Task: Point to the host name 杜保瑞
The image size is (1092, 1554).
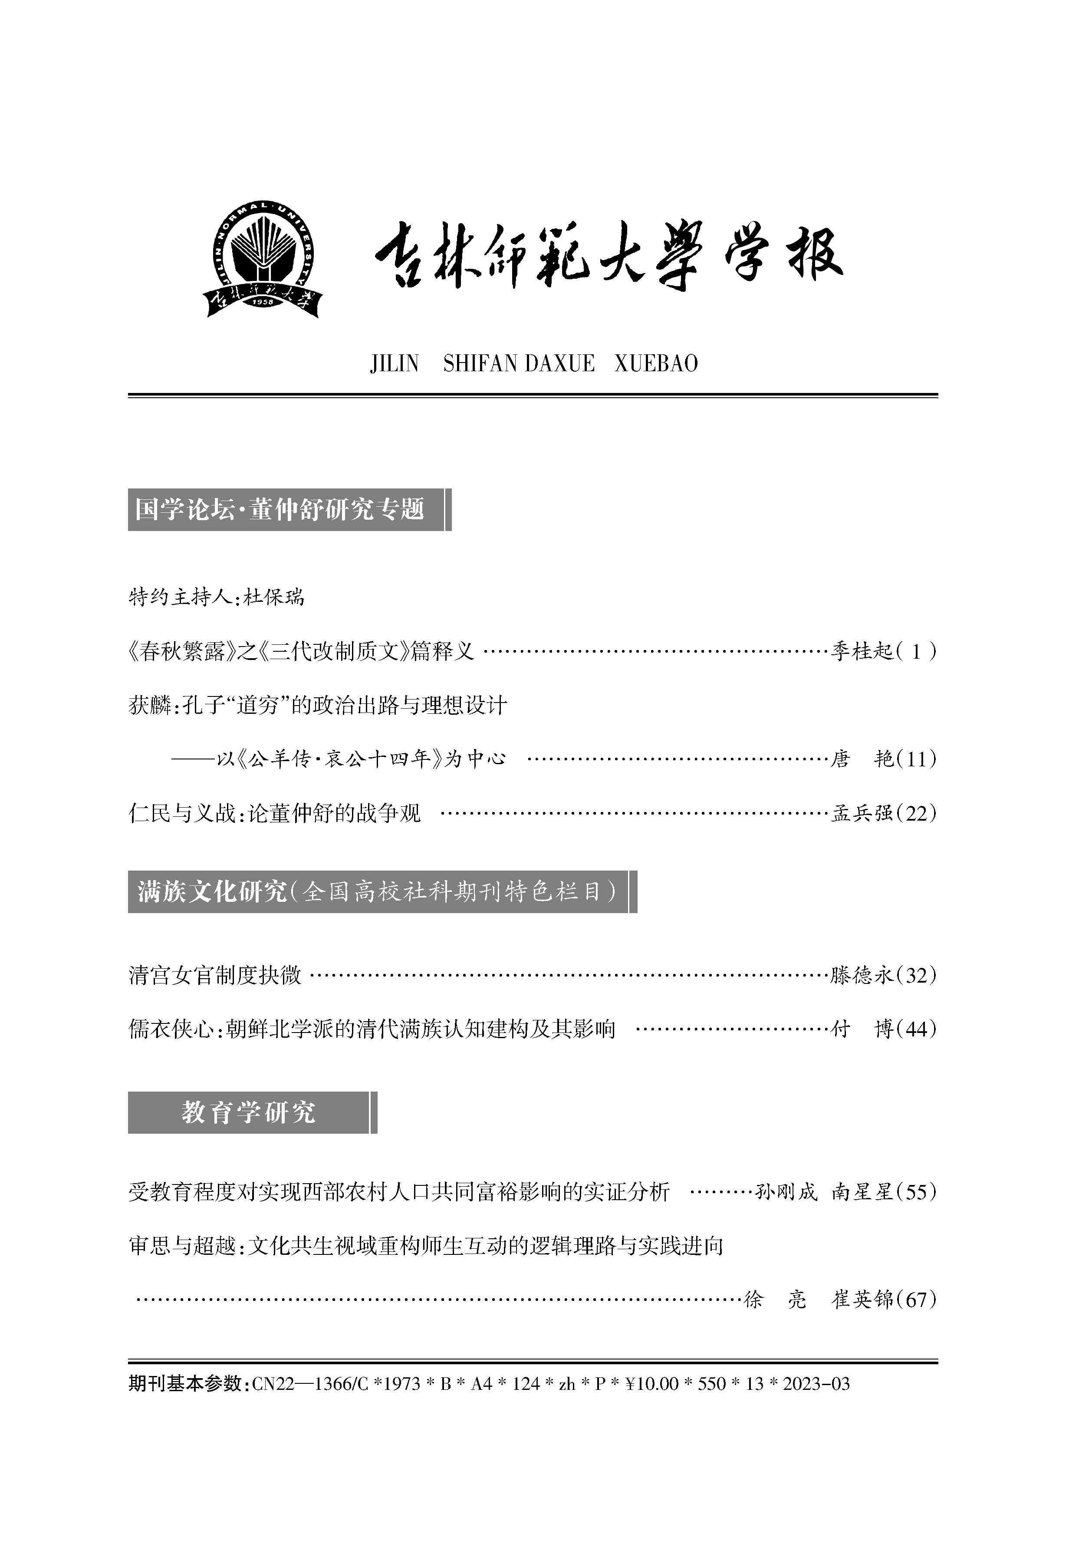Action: point(274,597)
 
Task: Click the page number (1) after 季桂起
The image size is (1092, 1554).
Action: point(917,652)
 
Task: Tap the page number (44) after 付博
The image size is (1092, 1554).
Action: point(917,1029)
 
